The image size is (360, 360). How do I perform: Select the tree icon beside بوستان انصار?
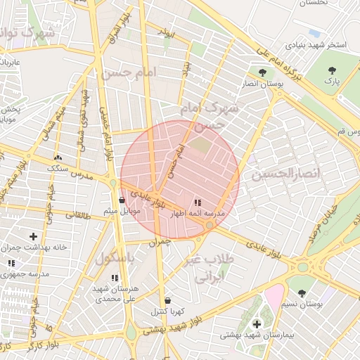click(262, 72)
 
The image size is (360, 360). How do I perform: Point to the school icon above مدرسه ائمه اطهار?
click(198, 202)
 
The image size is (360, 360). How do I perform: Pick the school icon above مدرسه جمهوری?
click(11, 263)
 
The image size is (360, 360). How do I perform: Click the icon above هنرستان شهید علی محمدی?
click(115, 278)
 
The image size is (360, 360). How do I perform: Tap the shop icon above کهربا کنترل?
click(167, 300)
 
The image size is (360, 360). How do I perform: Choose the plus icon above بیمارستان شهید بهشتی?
click(257, 324)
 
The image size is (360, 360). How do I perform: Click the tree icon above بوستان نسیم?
click(302, 293)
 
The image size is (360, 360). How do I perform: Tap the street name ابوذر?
click(165, 33)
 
